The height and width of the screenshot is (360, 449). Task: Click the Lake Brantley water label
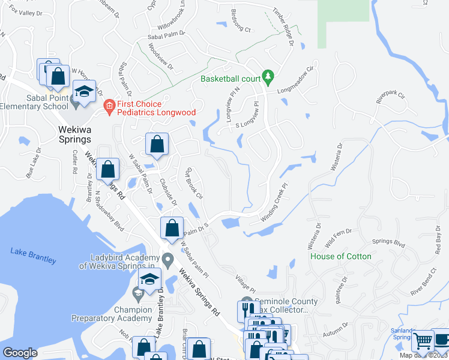[33, 256]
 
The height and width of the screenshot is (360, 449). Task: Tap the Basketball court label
[231, 79]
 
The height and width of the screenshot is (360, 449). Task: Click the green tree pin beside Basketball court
[269, 76]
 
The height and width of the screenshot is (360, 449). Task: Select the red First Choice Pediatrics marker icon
[109, 107]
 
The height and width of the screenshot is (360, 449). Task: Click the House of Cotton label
[340, 256]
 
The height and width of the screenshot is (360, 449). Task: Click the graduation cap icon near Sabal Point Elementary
[85, 93]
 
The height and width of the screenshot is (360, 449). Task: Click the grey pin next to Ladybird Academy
[169, 260]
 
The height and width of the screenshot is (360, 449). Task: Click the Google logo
[20, 353]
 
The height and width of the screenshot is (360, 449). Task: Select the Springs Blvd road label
[388, 243]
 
